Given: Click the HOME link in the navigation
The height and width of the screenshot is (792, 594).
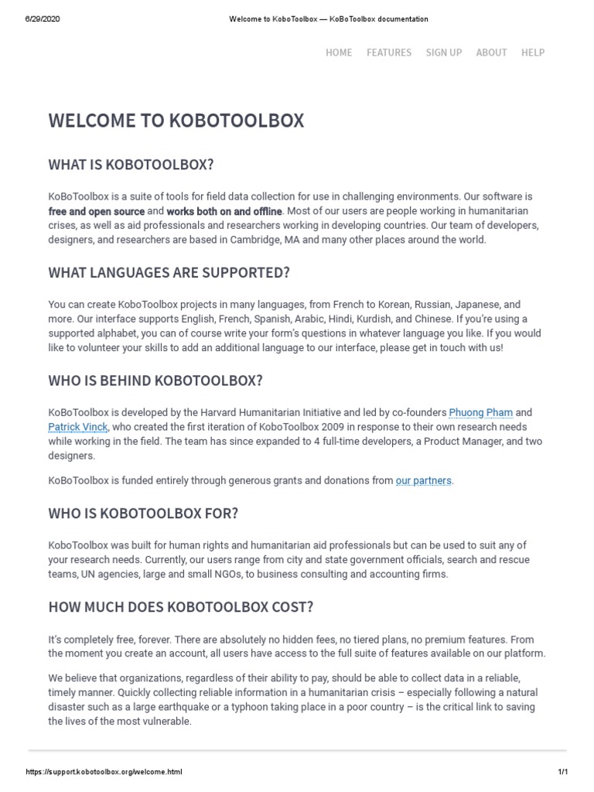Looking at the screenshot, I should click(339, 53).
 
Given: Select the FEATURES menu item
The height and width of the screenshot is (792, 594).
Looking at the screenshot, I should click(389, 53).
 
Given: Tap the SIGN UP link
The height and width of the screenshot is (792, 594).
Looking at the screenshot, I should click(444, 53).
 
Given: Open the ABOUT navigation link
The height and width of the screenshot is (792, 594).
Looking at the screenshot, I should click(491, 53).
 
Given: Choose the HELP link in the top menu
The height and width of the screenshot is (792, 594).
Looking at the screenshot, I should click(533, 53).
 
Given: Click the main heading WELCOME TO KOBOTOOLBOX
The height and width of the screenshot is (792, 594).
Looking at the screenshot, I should click(176, 121).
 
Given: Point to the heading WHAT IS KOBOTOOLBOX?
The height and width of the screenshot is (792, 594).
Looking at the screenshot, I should click(131, 165).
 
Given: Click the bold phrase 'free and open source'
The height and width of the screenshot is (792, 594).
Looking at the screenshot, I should click(97, 211).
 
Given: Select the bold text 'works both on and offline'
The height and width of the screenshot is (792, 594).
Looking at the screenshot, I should click(224, 211).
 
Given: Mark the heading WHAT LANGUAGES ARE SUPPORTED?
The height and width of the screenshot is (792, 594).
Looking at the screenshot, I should click(169, 273).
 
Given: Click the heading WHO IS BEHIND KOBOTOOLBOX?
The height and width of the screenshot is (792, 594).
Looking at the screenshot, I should click(155, 381).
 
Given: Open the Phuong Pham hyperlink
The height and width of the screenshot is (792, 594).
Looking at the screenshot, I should click(480, 412).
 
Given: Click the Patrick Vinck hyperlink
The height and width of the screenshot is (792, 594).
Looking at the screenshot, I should click(78, 427).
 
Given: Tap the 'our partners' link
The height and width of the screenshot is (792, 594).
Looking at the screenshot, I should click(423, 480).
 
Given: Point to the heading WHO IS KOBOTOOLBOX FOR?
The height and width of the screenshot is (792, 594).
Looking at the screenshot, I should click(143, 514).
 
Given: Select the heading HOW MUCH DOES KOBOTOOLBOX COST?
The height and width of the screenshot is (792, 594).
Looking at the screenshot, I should click(181, 607).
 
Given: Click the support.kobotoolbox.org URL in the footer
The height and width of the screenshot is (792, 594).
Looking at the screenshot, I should click(104, 772).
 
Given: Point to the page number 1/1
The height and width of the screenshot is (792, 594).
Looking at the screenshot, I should click(562, 772).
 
